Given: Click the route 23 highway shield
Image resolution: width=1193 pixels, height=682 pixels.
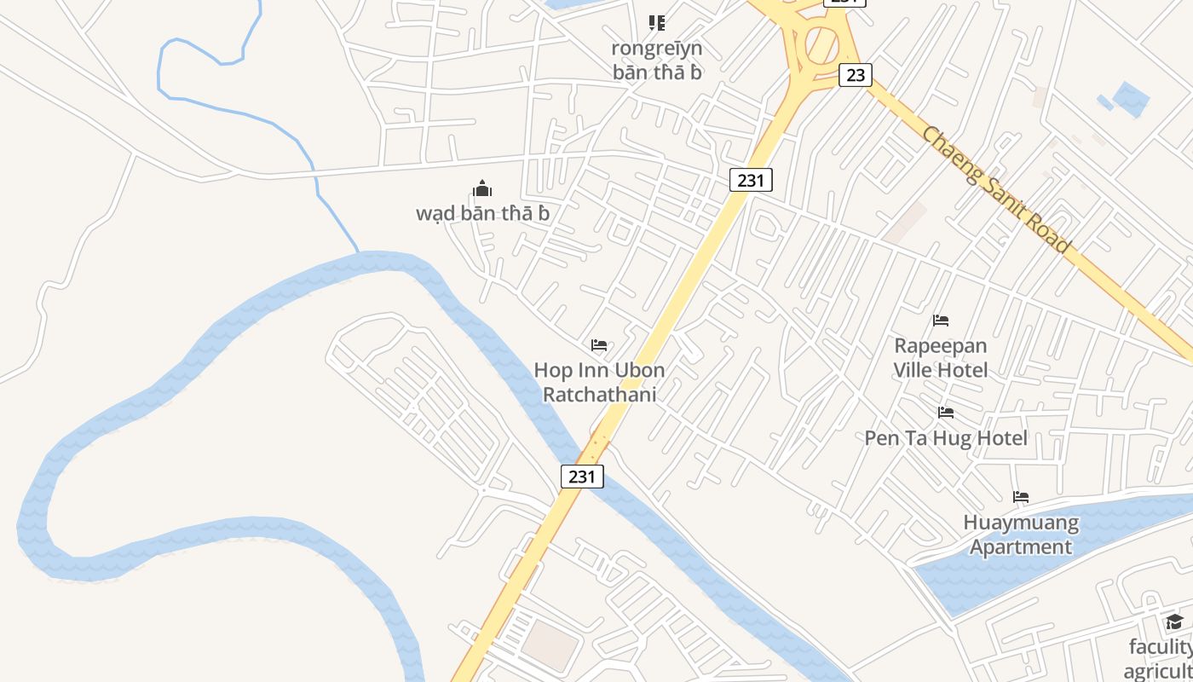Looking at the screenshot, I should coord(856,75).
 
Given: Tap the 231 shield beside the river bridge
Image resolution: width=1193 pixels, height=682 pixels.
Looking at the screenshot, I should coord(582,477).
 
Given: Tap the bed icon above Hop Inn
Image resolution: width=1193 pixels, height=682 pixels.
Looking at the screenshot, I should coord(599,345).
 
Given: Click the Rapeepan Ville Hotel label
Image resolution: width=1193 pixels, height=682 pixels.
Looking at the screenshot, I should coord(941,358).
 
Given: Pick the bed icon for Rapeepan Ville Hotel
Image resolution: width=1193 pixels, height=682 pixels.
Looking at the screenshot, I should coord(941,321).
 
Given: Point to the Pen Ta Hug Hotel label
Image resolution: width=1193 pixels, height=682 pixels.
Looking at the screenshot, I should coord(946,438).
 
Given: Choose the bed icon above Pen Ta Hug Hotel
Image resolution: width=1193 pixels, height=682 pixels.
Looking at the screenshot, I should coord(946,413).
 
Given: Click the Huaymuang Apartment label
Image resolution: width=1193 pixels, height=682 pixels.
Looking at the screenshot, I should coord(1021,535).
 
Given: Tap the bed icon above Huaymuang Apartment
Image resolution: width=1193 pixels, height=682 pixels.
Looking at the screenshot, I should coord(1021,497).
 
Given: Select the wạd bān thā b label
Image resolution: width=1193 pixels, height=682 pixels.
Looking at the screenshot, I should coord(482,213).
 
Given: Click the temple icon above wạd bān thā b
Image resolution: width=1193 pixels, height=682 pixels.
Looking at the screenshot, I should coord(482,188).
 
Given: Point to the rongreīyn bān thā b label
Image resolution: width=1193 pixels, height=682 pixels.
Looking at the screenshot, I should coord(657,60).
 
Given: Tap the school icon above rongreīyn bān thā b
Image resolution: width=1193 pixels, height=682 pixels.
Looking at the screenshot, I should coord(657,22).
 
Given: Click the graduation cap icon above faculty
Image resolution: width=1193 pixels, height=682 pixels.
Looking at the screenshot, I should coord(1175,621).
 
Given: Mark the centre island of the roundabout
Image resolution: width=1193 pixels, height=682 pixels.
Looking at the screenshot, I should coord(821,43).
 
